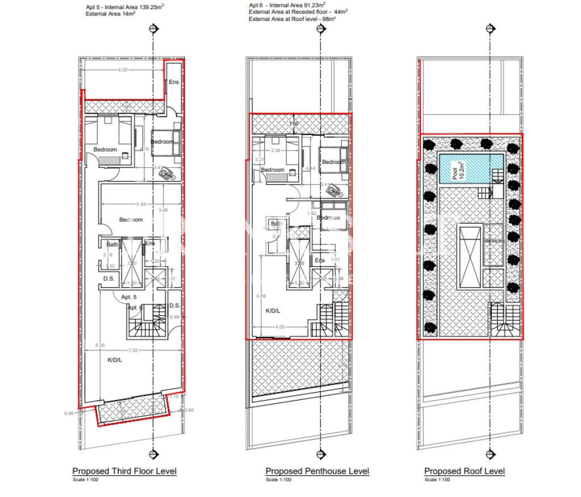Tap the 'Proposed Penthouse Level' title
point(317,471)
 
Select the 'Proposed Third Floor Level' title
point(124,471)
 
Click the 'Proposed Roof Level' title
point(464,471)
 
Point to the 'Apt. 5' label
point(129,297)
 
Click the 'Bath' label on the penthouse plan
point(276,224)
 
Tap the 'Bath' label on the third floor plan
point(112,245)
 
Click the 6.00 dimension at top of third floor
point(123,70)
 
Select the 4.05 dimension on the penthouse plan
point(279,327)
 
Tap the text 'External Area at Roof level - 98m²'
point(292,19)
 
